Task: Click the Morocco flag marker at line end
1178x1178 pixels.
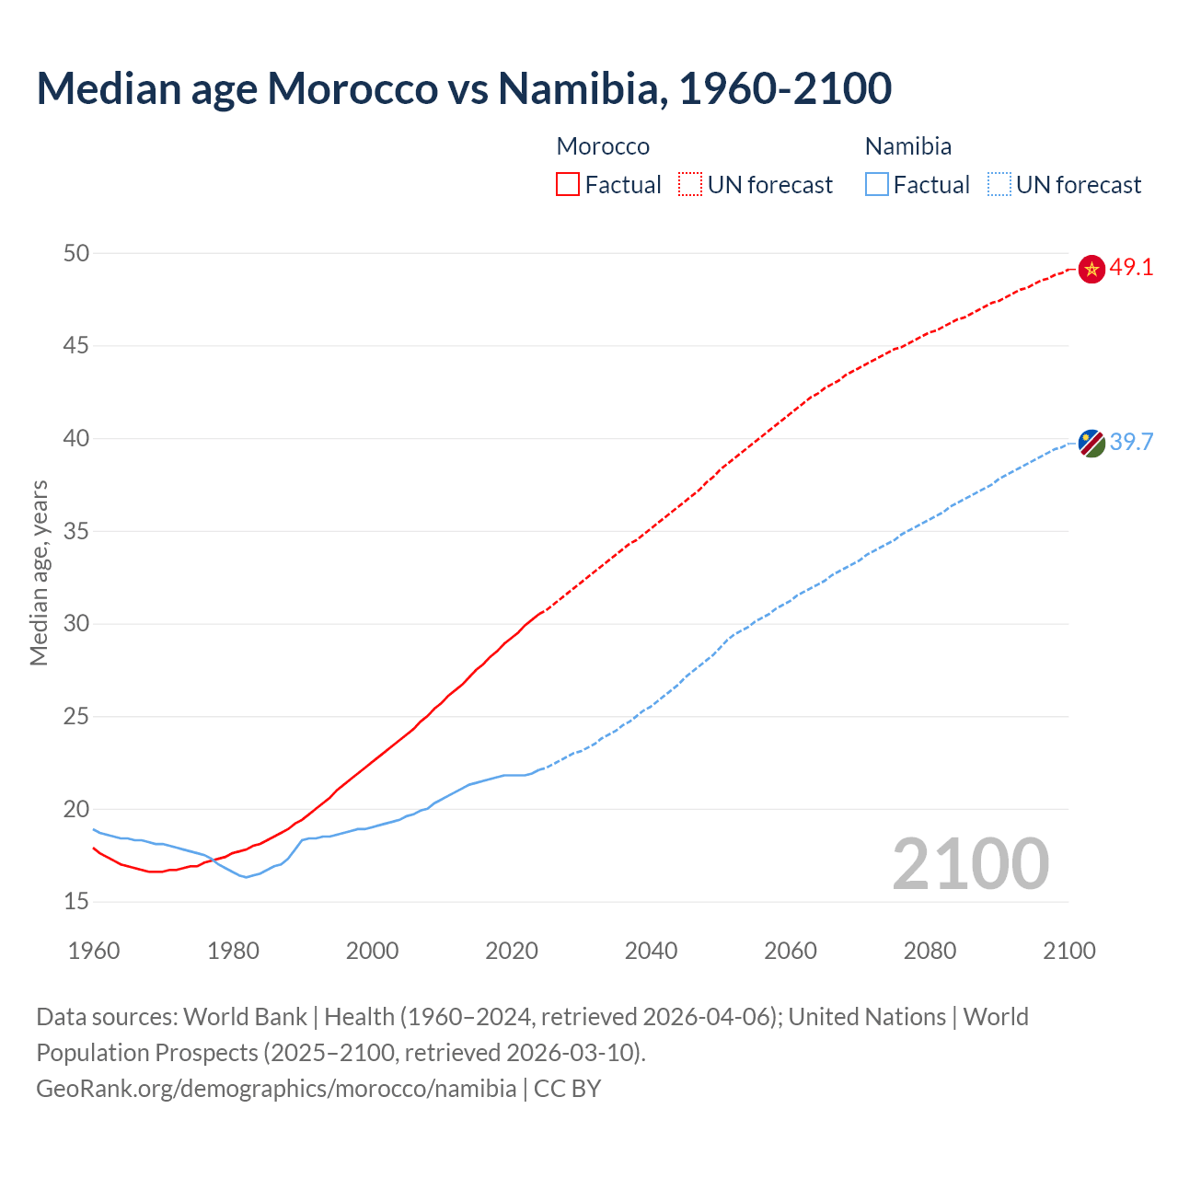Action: pyautogui.click(x=1091, y=269)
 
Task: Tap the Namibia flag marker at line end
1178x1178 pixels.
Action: pyautogui.click(x=1091, y=443)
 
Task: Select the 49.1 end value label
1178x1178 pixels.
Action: pyautogui.click(x=1131, y=268)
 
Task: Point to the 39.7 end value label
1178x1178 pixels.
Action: pyautogui.click(x=1131, y=442)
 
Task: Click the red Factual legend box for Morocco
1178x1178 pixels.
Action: pyautogui.click(x=568, y=185)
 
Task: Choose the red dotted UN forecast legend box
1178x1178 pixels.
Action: pyautogui.click(x=690, y=185)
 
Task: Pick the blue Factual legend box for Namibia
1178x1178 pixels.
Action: pyautogui.click(x=877, y=185)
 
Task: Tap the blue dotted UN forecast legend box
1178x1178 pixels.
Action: pyautogui.click(x=999, y=185)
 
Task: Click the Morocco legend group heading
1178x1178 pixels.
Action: pyautogui.click(x=603, y=146)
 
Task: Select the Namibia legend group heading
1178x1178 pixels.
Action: pyautogui.click(x=908, y=146)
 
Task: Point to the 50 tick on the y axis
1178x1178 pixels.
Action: pyautogui.click(x=76, y=253)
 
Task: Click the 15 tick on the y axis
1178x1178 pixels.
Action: pyautogui.click(x=76, y=902)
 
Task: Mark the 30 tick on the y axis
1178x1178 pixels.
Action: pyautogui.click(x=76, y=624)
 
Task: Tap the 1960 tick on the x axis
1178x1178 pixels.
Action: pyautogui.click(x=94, y=951)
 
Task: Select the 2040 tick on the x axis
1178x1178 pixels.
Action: pyautogui.click(x=651, y=951)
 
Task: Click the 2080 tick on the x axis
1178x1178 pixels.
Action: pyautogui.click(x=930, y=951)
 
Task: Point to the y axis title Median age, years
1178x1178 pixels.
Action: pyautogui.click(x=39, y=572)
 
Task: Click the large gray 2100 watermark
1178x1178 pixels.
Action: pyautogui.click(x=971, y=863)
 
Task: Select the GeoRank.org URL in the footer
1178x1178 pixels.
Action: pyautogui.click(x=276, y=1089)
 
